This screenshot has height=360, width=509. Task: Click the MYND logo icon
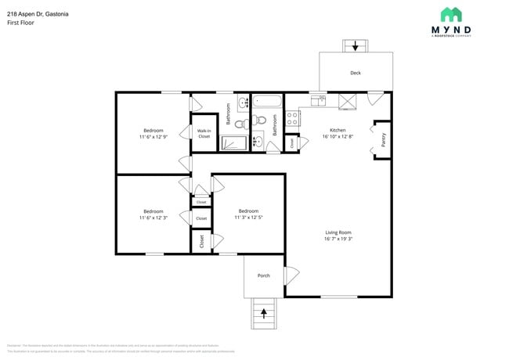(450, 14)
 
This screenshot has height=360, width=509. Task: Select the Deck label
(356, 73)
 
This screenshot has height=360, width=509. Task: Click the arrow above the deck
(356, 46)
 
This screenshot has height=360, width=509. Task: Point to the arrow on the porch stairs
(263, 314)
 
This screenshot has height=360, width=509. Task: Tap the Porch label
(264, 275)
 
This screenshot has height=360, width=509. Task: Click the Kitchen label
(338, 130)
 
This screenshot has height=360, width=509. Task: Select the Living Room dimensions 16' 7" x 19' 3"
(338, 239)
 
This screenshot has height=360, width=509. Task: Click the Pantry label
(383, 140)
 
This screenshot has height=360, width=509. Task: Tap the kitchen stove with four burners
(292, 118)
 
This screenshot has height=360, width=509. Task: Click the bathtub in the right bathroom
(266, 101)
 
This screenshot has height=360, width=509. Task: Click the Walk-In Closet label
(204, 134)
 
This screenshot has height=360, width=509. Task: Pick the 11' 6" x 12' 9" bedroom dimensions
(153, 137)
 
